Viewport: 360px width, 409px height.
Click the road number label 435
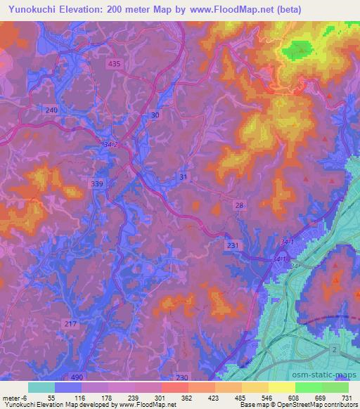[115, 63]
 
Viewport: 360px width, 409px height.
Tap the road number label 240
[51, 110]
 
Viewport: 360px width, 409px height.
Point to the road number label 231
[233, 245]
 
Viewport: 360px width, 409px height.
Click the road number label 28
[240, 204]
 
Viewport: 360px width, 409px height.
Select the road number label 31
[184, 177]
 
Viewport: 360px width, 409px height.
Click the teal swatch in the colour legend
[41, 387]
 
